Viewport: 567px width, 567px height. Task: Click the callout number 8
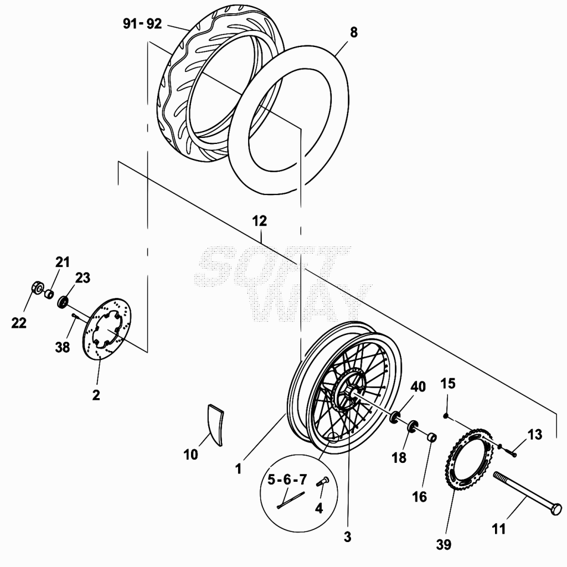point(353,33)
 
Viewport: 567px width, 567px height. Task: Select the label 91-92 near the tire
point(142,24)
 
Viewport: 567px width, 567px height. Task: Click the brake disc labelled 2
point(107,329)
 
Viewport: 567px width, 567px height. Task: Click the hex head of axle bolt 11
point(556,508)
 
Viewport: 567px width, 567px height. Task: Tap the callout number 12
point(259,221)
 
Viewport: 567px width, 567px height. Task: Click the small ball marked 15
point(446,416)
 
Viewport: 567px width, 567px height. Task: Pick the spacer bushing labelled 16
point(431,437)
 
